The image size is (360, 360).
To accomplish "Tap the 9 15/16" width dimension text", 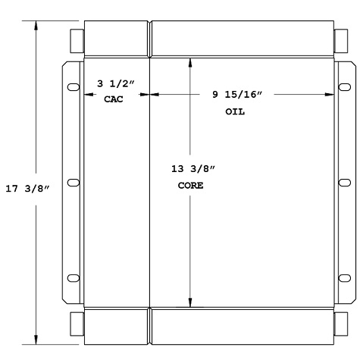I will [236, 95].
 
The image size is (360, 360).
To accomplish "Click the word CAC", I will [113, 99].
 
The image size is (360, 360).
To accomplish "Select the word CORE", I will [189, 184].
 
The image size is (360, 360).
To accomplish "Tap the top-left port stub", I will [77, 39].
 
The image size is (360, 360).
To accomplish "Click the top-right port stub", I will [340, 39].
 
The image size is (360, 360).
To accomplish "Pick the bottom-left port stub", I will [77, 325].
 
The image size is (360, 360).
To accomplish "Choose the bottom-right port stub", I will [340, 325].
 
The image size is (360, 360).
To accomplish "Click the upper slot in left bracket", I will [74, 87].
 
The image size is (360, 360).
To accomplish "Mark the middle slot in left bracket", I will [74, 183].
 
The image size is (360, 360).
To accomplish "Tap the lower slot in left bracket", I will [74, 278].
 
